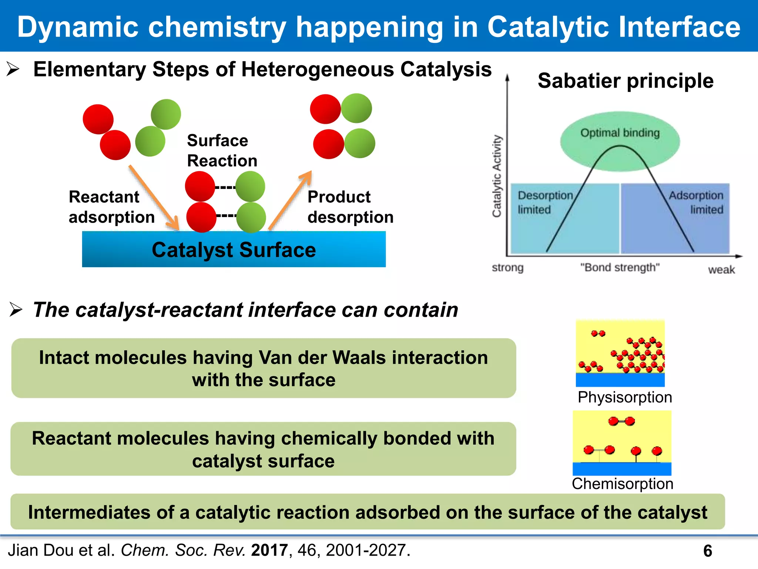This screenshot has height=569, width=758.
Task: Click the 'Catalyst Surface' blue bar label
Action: tap(234, 250)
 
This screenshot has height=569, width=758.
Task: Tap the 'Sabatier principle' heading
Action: tap(625, 81)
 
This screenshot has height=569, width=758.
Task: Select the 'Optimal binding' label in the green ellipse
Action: tap(620, 133)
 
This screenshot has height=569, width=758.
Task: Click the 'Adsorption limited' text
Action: tap(696, 202)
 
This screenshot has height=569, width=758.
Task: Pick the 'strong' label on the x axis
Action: tap(507, 267)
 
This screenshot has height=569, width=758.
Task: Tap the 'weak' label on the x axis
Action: tap(721, 270)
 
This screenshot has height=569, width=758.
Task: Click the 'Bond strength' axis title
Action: tap(620, 267)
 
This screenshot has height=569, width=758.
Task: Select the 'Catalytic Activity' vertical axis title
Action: tap(496, 176)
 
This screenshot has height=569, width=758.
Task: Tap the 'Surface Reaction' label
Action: tap(222, 150)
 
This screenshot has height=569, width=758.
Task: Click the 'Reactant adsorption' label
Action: tap(111, 207)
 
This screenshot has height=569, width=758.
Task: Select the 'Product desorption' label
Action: tap(350, 207)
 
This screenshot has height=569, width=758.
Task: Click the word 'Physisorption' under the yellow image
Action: tap(625, 397)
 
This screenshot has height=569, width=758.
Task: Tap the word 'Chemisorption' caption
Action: tap(623, 484)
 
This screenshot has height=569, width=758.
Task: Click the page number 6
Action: tap(707, 551)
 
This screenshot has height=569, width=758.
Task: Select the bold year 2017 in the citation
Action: tap(269, 550)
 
